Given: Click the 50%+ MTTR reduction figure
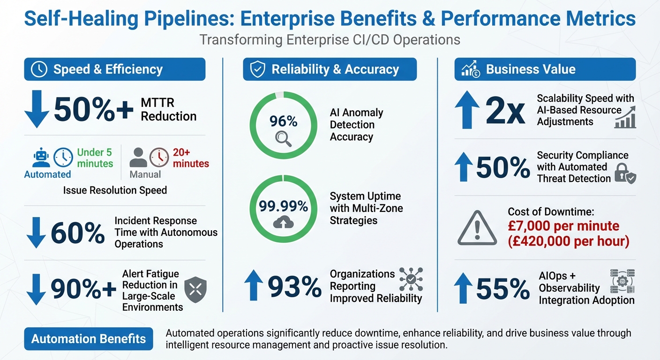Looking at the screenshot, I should [x=94, y=110].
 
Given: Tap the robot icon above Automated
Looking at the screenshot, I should [x=41, y=157].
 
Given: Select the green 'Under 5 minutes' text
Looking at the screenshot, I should [x=95, y=158].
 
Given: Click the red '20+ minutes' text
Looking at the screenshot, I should [x=191, y=158].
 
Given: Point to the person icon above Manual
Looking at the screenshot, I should [x=138, y=158].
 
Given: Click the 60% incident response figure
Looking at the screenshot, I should [x=77, y=233].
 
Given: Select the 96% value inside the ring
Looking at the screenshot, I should [x=283, y=121].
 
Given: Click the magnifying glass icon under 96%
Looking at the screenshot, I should [x=283, y=137].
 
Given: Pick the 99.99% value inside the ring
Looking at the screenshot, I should [x=284, y=206].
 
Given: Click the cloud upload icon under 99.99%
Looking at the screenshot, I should [x=283, y=222].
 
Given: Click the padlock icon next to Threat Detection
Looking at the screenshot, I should [x=624, y=173].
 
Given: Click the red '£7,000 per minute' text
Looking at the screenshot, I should [x=563, y=226].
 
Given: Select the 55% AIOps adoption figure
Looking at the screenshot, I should [x=502, y=287].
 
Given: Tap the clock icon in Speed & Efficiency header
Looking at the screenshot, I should [x=39, y=69].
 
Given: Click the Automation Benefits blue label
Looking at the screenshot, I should [x=89, y=339].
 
